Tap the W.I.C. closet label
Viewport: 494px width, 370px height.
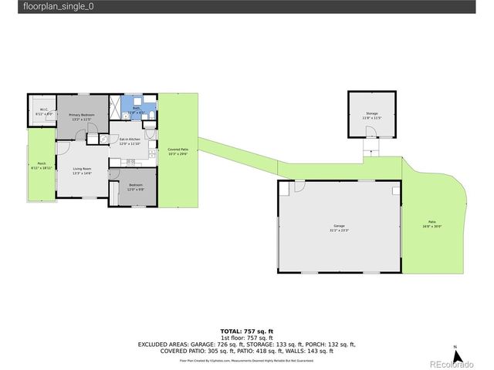[43, 111]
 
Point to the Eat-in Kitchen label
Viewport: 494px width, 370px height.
[129, 141]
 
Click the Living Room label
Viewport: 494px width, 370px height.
[82, 170]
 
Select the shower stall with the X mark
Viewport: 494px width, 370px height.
[114, 106]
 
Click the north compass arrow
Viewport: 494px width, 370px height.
[456, 356]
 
